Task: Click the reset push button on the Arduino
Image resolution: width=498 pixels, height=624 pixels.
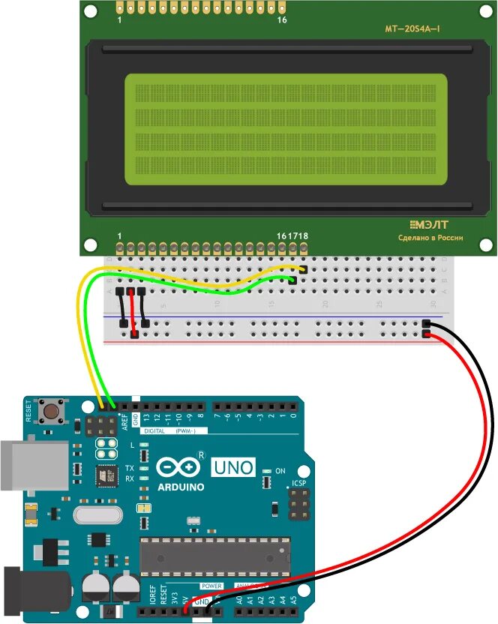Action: tap(53, 411)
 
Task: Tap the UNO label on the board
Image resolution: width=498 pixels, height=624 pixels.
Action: tap(234, 466)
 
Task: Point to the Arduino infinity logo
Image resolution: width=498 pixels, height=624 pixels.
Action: tap(180, 466)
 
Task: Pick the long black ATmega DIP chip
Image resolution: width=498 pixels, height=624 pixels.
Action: tap(215, 553)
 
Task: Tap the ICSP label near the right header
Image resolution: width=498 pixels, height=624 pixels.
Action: tap(298, 484)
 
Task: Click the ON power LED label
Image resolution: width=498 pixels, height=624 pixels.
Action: tap(281, 470)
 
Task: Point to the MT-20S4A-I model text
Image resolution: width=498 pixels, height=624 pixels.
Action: tap(412, 29)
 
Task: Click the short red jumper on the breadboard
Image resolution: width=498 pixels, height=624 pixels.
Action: tap(132, 312)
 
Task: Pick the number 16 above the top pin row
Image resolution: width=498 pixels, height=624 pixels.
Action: tap(282, 20)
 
